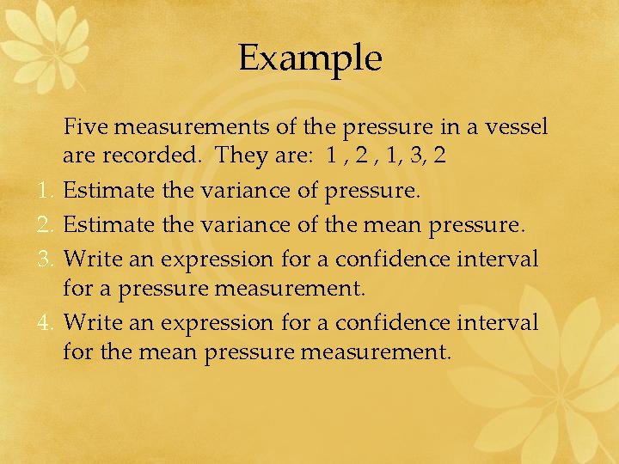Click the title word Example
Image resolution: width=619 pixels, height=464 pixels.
tap(309, 58)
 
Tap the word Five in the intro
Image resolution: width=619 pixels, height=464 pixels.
tap(85, 128)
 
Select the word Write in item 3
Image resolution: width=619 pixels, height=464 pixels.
tap(89, 259)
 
